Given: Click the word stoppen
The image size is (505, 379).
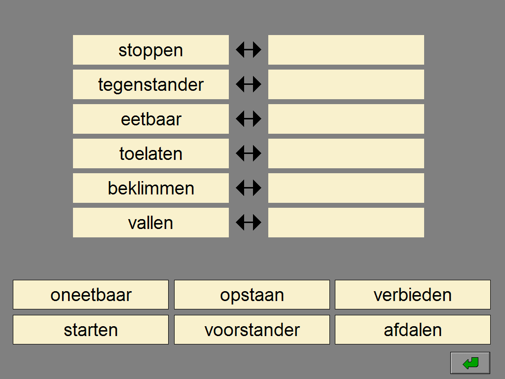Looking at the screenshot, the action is (x=151, y=51).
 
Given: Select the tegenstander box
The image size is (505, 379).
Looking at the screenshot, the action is (x=151, y=84).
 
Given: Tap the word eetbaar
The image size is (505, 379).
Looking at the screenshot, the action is (x=151, y=119).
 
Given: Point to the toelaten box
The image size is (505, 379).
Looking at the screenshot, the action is (x=151, y=153).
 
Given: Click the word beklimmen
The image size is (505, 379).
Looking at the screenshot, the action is (x=151, y=188).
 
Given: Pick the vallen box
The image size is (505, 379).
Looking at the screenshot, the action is (x=151, y=223).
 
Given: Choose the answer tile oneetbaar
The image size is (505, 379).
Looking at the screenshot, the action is (x=91, y=295).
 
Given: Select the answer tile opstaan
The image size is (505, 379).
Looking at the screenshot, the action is (x=252, y=295).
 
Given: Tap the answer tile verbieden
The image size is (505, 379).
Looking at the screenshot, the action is (x=413, y=295).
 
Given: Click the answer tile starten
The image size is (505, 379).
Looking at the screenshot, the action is (x=91, y=330).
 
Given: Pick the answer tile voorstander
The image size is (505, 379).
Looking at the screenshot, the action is (x=252, y=330).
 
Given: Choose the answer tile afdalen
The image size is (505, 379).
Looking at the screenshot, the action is (x=413, y=330).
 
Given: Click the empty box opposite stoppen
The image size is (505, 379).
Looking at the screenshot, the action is (x=346, y=50).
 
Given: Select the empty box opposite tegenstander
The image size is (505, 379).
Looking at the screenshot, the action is (x=346, y=84).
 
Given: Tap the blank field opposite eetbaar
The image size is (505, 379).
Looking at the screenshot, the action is (x=346, y=119).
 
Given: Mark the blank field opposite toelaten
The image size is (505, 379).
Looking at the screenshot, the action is (x=346, y=153).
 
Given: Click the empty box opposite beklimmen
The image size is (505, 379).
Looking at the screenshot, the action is (x=346, y=188).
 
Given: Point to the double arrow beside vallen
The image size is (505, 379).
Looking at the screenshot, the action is (x=249, y=223).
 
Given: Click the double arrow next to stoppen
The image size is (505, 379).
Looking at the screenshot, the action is (x=249, y=50).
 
